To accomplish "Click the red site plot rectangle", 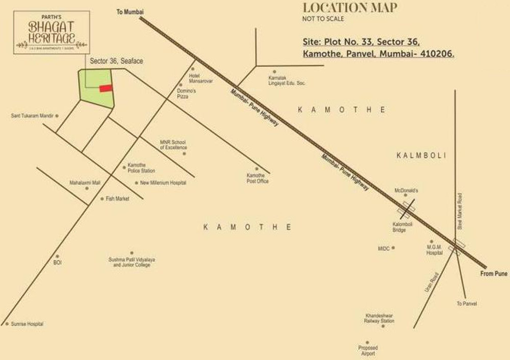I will [x=106, y=89].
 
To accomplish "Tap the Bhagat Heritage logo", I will [x=52, y=32].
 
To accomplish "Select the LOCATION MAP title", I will [x=350, y=8].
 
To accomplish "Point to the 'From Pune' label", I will [x=494, y=274].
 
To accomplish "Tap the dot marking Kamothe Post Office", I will [x=257, y=169].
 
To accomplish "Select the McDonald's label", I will [x=406, y=190].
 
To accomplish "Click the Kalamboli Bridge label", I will [x=399, y=227].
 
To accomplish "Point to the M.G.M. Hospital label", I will [x=435, y=250].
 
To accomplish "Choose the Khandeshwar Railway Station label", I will [x=379, y=318].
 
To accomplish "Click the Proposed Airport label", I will [x=368, y=351].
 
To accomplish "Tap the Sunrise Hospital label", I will [x=27, y=324].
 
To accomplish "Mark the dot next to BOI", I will [x=57, y=256].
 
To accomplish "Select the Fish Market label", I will [x=117, y=199].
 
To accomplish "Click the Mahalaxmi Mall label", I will [x=71, y=182].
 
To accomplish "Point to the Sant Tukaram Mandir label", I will [x=32, y=116].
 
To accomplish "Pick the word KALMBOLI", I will [x=421, y=155].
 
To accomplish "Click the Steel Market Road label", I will [x=460, y=211].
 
